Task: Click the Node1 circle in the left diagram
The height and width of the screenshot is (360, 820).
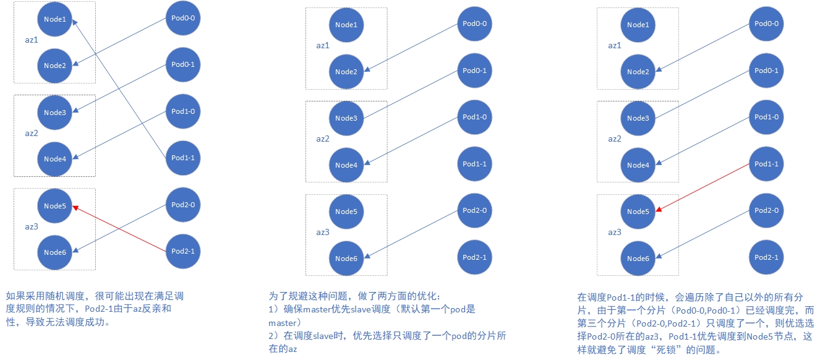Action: tap(54, 19)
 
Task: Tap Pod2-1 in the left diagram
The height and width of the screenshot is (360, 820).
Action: tap(183, 251)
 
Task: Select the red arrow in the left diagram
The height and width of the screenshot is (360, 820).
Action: tap(119, 229)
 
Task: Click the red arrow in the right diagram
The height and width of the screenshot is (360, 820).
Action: tap(703, 187)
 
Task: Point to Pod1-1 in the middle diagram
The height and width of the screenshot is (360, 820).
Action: tap(474, 164)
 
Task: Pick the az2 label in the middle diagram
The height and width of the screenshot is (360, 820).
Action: tap(323, 139)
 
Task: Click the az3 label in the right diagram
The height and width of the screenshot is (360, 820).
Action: tap(614, 232)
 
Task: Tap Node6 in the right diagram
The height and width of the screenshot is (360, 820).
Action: tap(638, 258)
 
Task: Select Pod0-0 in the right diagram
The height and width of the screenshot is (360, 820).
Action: tap(766, 24)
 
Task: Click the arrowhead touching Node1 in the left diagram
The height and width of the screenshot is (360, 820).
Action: tap(74, 22)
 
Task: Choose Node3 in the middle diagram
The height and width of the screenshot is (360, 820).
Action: tap(346, 118)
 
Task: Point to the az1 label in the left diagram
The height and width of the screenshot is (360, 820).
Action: tap(32, 40)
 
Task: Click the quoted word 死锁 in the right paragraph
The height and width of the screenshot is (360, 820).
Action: tap(665, 349)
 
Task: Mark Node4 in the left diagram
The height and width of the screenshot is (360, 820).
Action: tap(54, 159)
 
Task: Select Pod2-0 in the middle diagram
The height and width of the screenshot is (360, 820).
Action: tap(474, 210)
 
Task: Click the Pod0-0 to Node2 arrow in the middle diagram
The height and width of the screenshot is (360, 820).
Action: tap(411, 48)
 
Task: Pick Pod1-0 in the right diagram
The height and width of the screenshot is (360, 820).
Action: tap(766, 117)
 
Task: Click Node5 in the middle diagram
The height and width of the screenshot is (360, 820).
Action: tap(346, 212)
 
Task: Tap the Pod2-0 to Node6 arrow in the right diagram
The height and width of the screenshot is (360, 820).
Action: tap(703, 234)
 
